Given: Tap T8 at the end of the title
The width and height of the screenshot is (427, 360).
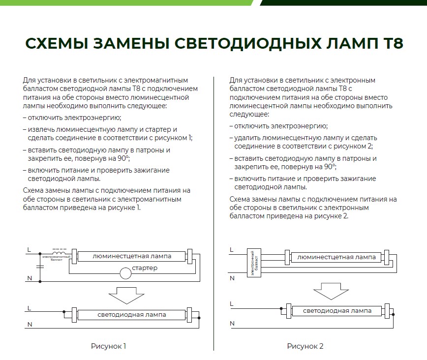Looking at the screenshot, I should tap(392, 43).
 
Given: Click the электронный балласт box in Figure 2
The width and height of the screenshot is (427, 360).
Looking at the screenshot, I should tap(253, 263).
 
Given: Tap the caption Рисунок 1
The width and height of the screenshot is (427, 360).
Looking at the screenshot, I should tap(108, 346).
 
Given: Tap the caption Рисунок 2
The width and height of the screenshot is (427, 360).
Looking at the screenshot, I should tap(305, 346).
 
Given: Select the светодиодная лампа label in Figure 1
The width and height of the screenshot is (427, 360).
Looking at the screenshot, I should tap(131, 315).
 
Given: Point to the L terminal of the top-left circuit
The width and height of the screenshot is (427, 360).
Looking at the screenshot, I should tap(29, 250).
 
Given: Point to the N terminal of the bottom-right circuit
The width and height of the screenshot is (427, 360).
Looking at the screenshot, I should tap(232, 323).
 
